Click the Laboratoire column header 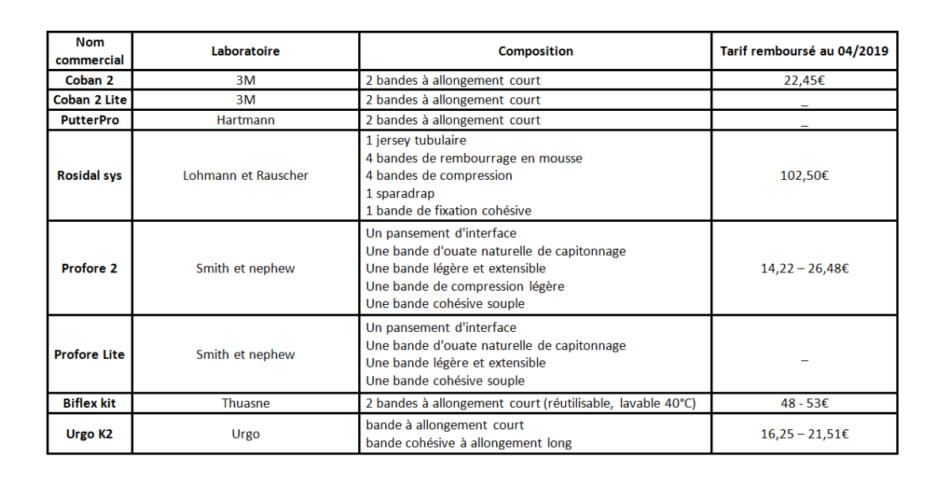click(245, 51)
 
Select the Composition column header click(535, 51)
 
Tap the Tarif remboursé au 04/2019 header click(804, 51)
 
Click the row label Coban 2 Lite click(90, 100)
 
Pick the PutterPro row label click(90, 120)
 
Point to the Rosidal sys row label click(90, 175)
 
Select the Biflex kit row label click(90, 403)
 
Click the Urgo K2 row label click(90, 434)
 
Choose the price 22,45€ click(804, 80)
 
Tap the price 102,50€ click(804, 175)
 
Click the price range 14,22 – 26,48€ click(804, 269)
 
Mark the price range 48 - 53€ click(804, 403)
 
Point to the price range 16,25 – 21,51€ click(804, 434)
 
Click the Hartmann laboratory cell click(245, 120)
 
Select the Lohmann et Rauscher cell click(245, 175)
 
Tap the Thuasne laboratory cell click(245, 403)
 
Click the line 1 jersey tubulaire click(416, 140)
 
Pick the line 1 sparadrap click(401, 193)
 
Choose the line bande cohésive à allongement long click(468, 443)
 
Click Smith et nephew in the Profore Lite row click(245, 354)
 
